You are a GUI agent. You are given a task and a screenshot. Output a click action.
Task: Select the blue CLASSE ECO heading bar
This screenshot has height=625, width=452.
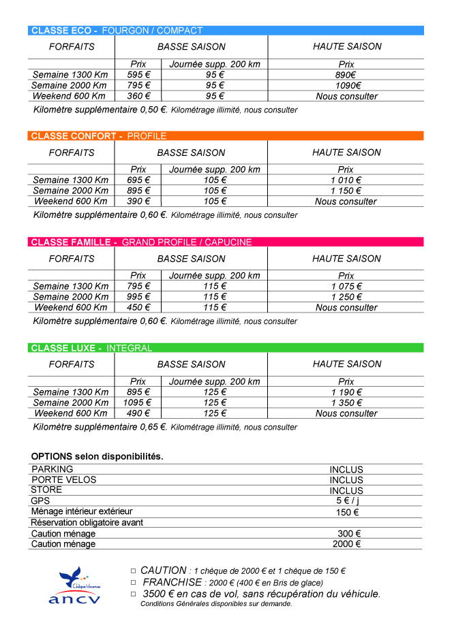(x=226, y=31)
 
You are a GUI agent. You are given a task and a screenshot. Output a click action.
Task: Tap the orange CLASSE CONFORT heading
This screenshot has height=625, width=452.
(x=226, y=136)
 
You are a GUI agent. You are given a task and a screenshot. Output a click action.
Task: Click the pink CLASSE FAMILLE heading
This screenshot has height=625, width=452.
(x=226, y=242)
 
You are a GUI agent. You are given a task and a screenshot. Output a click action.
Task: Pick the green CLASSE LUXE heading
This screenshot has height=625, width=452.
(x=226, y=348)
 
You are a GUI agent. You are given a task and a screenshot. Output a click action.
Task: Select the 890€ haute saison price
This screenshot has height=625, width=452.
(x=346, y=75)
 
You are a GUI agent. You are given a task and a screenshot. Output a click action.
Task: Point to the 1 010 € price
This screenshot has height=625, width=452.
(x=346, y=180)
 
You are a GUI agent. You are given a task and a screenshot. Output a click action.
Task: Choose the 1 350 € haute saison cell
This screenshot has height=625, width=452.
(x=346, y=402)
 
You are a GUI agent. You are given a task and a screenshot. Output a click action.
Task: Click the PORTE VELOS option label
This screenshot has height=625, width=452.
(x=64, y=480)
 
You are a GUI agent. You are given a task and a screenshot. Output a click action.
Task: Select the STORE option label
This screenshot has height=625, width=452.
(x=46, y=490)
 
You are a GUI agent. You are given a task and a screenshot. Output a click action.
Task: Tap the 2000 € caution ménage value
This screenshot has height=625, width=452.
(x=346, y=544)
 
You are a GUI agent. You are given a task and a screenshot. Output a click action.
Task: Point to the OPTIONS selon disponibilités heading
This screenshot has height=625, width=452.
(x=97, y=456)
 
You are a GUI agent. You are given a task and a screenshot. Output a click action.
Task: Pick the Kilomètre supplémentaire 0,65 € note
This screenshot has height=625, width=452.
(x=100, y=428)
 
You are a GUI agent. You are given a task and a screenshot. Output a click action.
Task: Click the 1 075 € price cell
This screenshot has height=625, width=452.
(x=346, y=286)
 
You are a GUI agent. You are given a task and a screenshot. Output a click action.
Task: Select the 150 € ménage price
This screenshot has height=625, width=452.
(x=347, y=512)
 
